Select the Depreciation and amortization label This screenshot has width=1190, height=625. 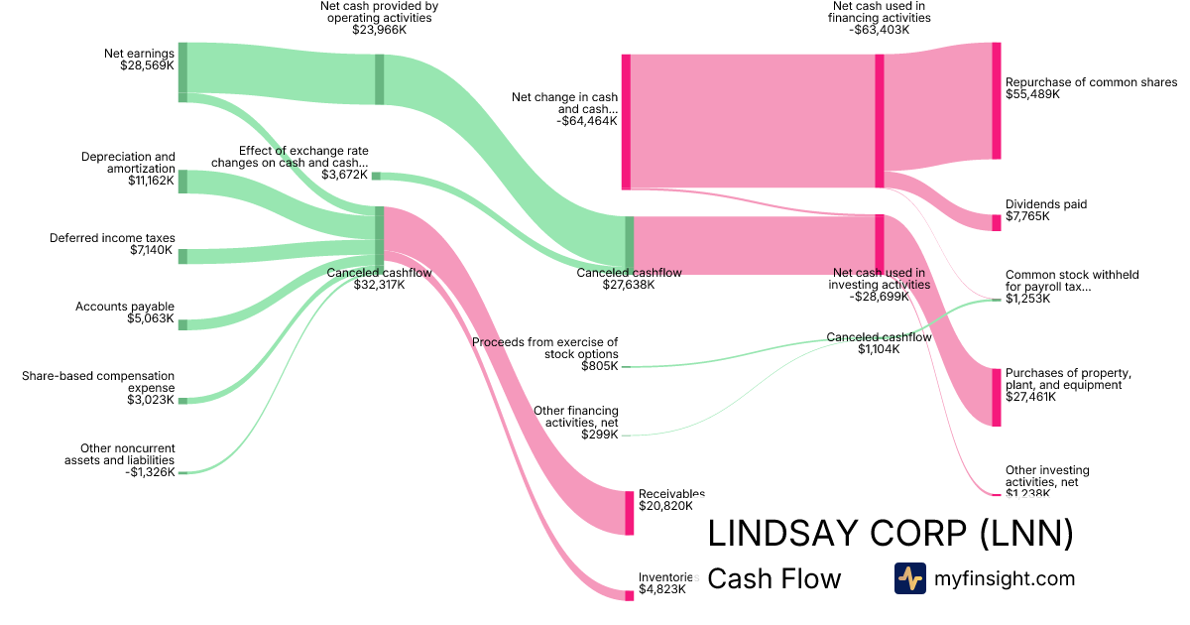(128, 169)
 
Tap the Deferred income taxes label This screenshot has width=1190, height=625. (112, 245)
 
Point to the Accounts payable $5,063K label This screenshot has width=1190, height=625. (125, 312)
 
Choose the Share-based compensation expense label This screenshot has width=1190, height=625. (98, 388)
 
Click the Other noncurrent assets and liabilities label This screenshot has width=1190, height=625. (120, 460)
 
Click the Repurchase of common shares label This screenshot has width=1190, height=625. (1091, 88)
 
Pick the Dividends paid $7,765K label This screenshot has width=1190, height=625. (1046, 210)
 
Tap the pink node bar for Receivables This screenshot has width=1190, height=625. (629, 513)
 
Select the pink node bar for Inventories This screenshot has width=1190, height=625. (629, 595)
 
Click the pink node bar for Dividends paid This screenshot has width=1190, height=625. (997, 222)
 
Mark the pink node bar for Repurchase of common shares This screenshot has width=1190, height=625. (997, 100)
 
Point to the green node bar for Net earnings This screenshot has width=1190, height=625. (182, 71)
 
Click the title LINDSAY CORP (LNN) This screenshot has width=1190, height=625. (890, 534)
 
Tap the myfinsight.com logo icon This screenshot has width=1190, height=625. (909, 578)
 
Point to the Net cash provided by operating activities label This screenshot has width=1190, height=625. (379, 18)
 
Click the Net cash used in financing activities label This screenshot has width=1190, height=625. (880, 18)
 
